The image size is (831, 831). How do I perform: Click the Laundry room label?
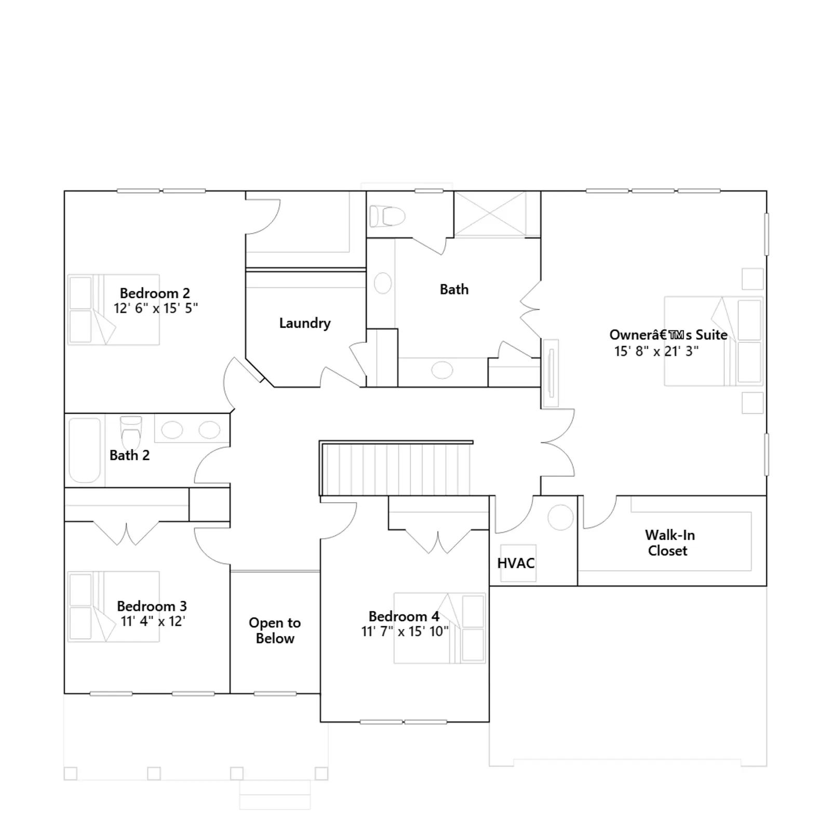pyautogui.click(x=305, y=324)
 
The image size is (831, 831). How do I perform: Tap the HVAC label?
pyautogui.click(x=516, y=563)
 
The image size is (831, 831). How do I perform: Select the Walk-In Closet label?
pyautogui.click(x=669, y=543)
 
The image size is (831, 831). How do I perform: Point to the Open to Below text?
pyautogui.click(x=275, y=631)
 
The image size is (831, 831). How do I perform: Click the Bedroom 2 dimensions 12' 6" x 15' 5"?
pyautogui.click(x=156, y=308)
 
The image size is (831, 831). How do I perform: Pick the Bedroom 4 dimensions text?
pyautogui.click(x=405, y=632)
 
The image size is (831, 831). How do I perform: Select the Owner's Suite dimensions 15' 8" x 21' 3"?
pyautogui.click(x=656, y=351)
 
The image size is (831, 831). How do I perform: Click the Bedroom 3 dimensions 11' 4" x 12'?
pyautogui.click(x=153, y=621)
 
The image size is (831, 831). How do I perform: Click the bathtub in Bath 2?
pyautogui.click(x=85, y=450)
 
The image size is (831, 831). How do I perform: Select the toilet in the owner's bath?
pyautogui.click(x=387, y=217)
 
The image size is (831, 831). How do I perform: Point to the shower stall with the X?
pyautogui.click(x=490, y=214)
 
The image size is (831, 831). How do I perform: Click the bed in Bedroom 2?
pyautogui.click(x=113, y=310)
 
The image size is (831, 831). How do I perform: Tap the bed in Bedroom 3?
pyautogui.click(x=113, y=607)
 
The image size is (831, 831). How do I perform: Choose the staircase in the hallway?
pyautogui.click(x=396, y=468)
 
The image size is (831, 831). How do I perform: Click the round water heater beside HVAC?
pyautogui.click(x=560, y=517)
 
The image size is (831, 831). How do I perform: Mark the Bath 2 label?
pyautogui.click(x=129, y=455)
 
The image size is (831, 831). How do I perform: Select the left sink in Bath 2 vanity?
pyautogui.click(x=172, y=430)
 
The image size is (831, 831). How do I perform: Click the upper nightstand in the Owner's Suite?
pyautogui.click(x=753, y=279)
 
